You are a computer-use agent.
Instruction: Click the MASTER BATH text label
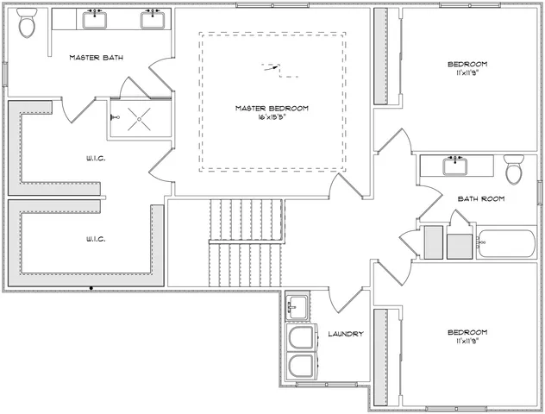(x=96, y=58)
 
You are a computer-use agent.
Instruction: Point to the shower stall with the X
(x=135, y=117)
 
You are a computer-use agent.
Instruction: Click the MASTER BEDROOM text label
(x=272, y=109)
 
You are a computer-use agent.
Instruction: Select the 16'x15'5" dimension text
(x=272, y=117)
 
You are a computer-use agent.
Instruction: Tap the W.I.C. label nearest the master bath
(x=96, y=158)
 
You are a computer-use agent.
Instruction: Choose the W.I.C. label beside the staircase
(x=96, y=238)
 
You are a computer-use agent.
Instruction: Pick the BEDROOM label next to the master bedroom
(x=467, y=65)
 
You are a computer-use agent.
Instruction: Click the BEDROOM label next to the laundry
(x=467, y=332)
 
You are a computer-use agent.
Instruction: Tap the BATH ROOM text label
(x=480, y=198)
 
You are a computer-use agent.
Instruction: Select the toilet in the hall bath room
(x=515, y=170)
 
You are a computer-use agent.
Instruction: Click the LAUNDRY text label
(x=346, y=334)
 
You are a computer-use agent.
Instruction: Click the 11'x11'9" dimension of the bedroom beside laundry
(x=467, y=341)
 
